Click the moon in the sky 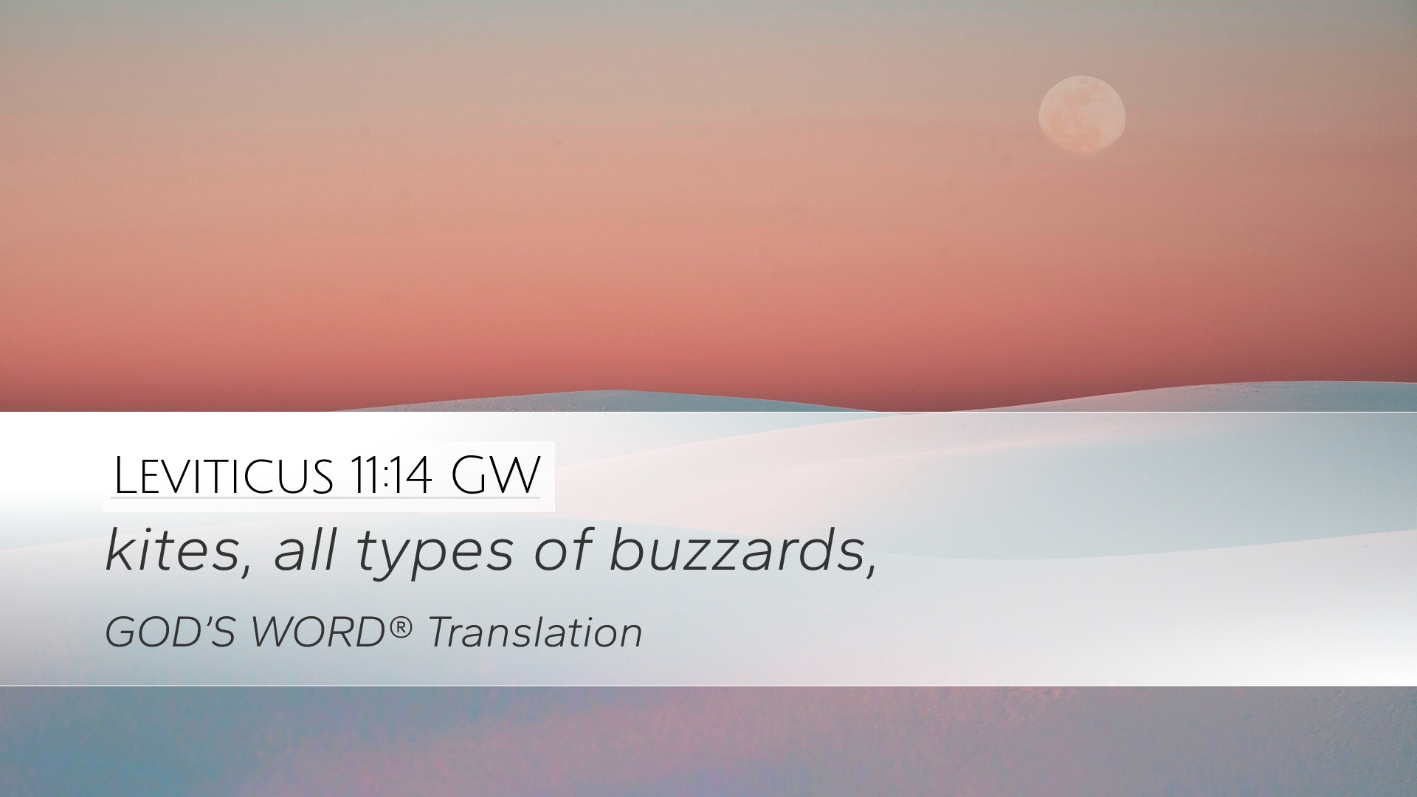(x=1082, y=114)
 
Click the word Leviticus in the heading (x=223, y=476)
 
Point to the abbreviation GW (x=495, y=476)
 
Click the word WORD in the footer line (x=320, y=633)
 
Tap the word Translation (x=535, y=633)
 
